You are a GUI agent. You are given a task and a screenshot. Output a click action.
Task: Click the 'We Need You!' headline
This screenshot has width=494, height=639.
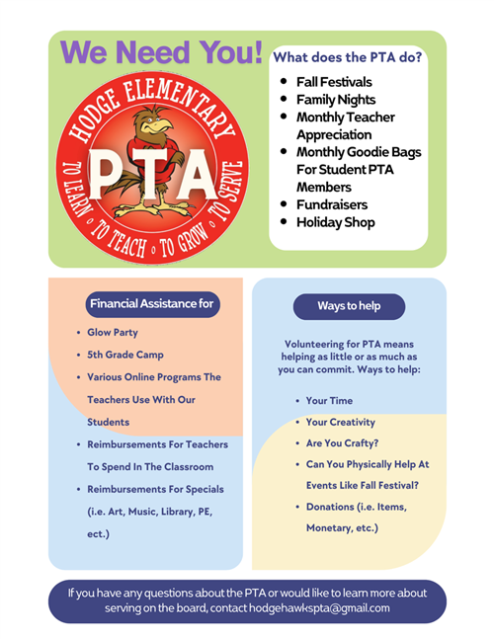(x=160, y=52)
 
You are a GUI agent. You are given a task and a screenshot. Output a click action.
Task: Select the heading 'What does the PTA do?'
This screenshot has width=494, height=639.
(x=348, y=57)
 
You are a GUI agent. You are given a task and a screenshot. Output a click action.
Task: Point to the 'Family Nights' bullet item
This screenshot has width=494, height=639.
(x=336, y=99)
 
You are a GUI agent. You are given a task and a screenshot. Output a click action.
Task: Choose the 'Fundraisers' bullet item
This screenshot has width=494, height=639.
(x=332, y=204)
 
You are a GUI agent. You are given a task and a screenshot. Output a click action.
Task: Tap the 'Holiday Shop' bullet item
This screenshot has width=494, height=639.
(x=336, y=222)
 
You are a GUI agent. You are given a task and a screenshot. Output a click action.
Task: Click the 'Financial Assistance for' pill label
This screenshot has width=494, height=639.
(x=150, y=304)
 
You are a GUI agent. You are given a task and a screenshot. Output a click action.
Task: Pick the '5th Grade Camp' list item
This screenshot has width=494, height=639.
(x=124, y=355)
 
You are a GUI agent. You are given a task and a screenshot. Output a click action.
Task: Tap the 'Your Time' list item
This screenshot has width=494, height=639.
(x=329, y=401)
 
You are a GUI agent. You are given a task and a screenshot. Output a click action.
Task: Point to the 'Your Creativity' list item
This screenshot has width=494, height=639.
(x=341, y=423)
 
